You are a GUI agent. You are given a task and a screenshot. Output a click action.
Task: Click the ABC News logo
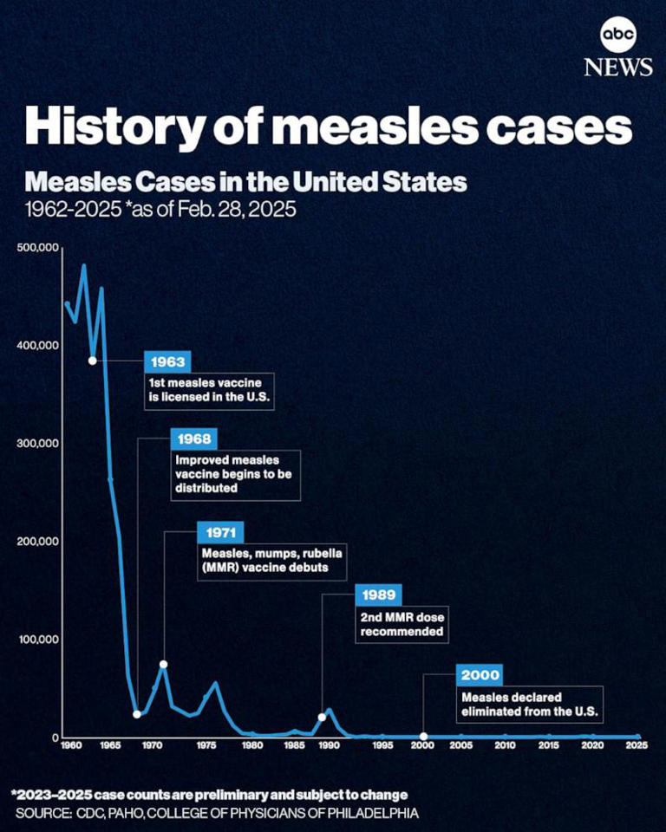(x=617, y=48)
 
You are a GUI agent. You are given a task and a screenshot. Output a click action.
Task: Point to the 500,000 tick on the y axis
(x=37, y=249)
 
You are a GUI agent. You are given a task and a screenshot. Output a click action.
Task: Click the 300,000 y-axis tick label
(x=37, y=444)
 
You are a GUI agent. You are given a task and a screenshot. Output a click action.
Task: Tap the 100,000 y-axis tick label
(x=37, y=640)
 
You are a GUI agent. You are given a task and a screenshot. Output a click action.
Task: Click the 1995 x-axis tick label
(x=380, y=745)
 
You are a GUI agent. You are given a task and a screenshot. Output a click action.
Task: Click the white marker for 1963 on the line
(x=93, y=361)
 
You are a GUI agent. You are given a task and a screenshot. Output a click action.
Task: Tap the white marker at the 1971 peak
(x=163, y=665)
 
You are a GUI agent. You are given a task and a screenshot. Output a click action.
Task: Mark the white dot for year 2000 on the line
(x=423, y=737)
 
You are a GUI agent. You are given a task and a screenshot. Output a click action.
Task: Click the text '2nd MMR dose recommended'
(x=402, y=626)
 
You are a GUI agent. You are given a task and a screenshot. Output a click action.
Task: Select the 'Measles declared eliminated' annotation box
(x=529, y=705)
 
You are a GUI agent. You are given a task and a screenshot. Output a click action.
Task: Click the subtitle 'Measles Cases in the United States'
(x=245, y=183)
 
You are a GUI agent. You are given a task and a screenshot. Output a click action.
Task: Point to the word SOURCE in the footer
(x=42, y=813)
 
